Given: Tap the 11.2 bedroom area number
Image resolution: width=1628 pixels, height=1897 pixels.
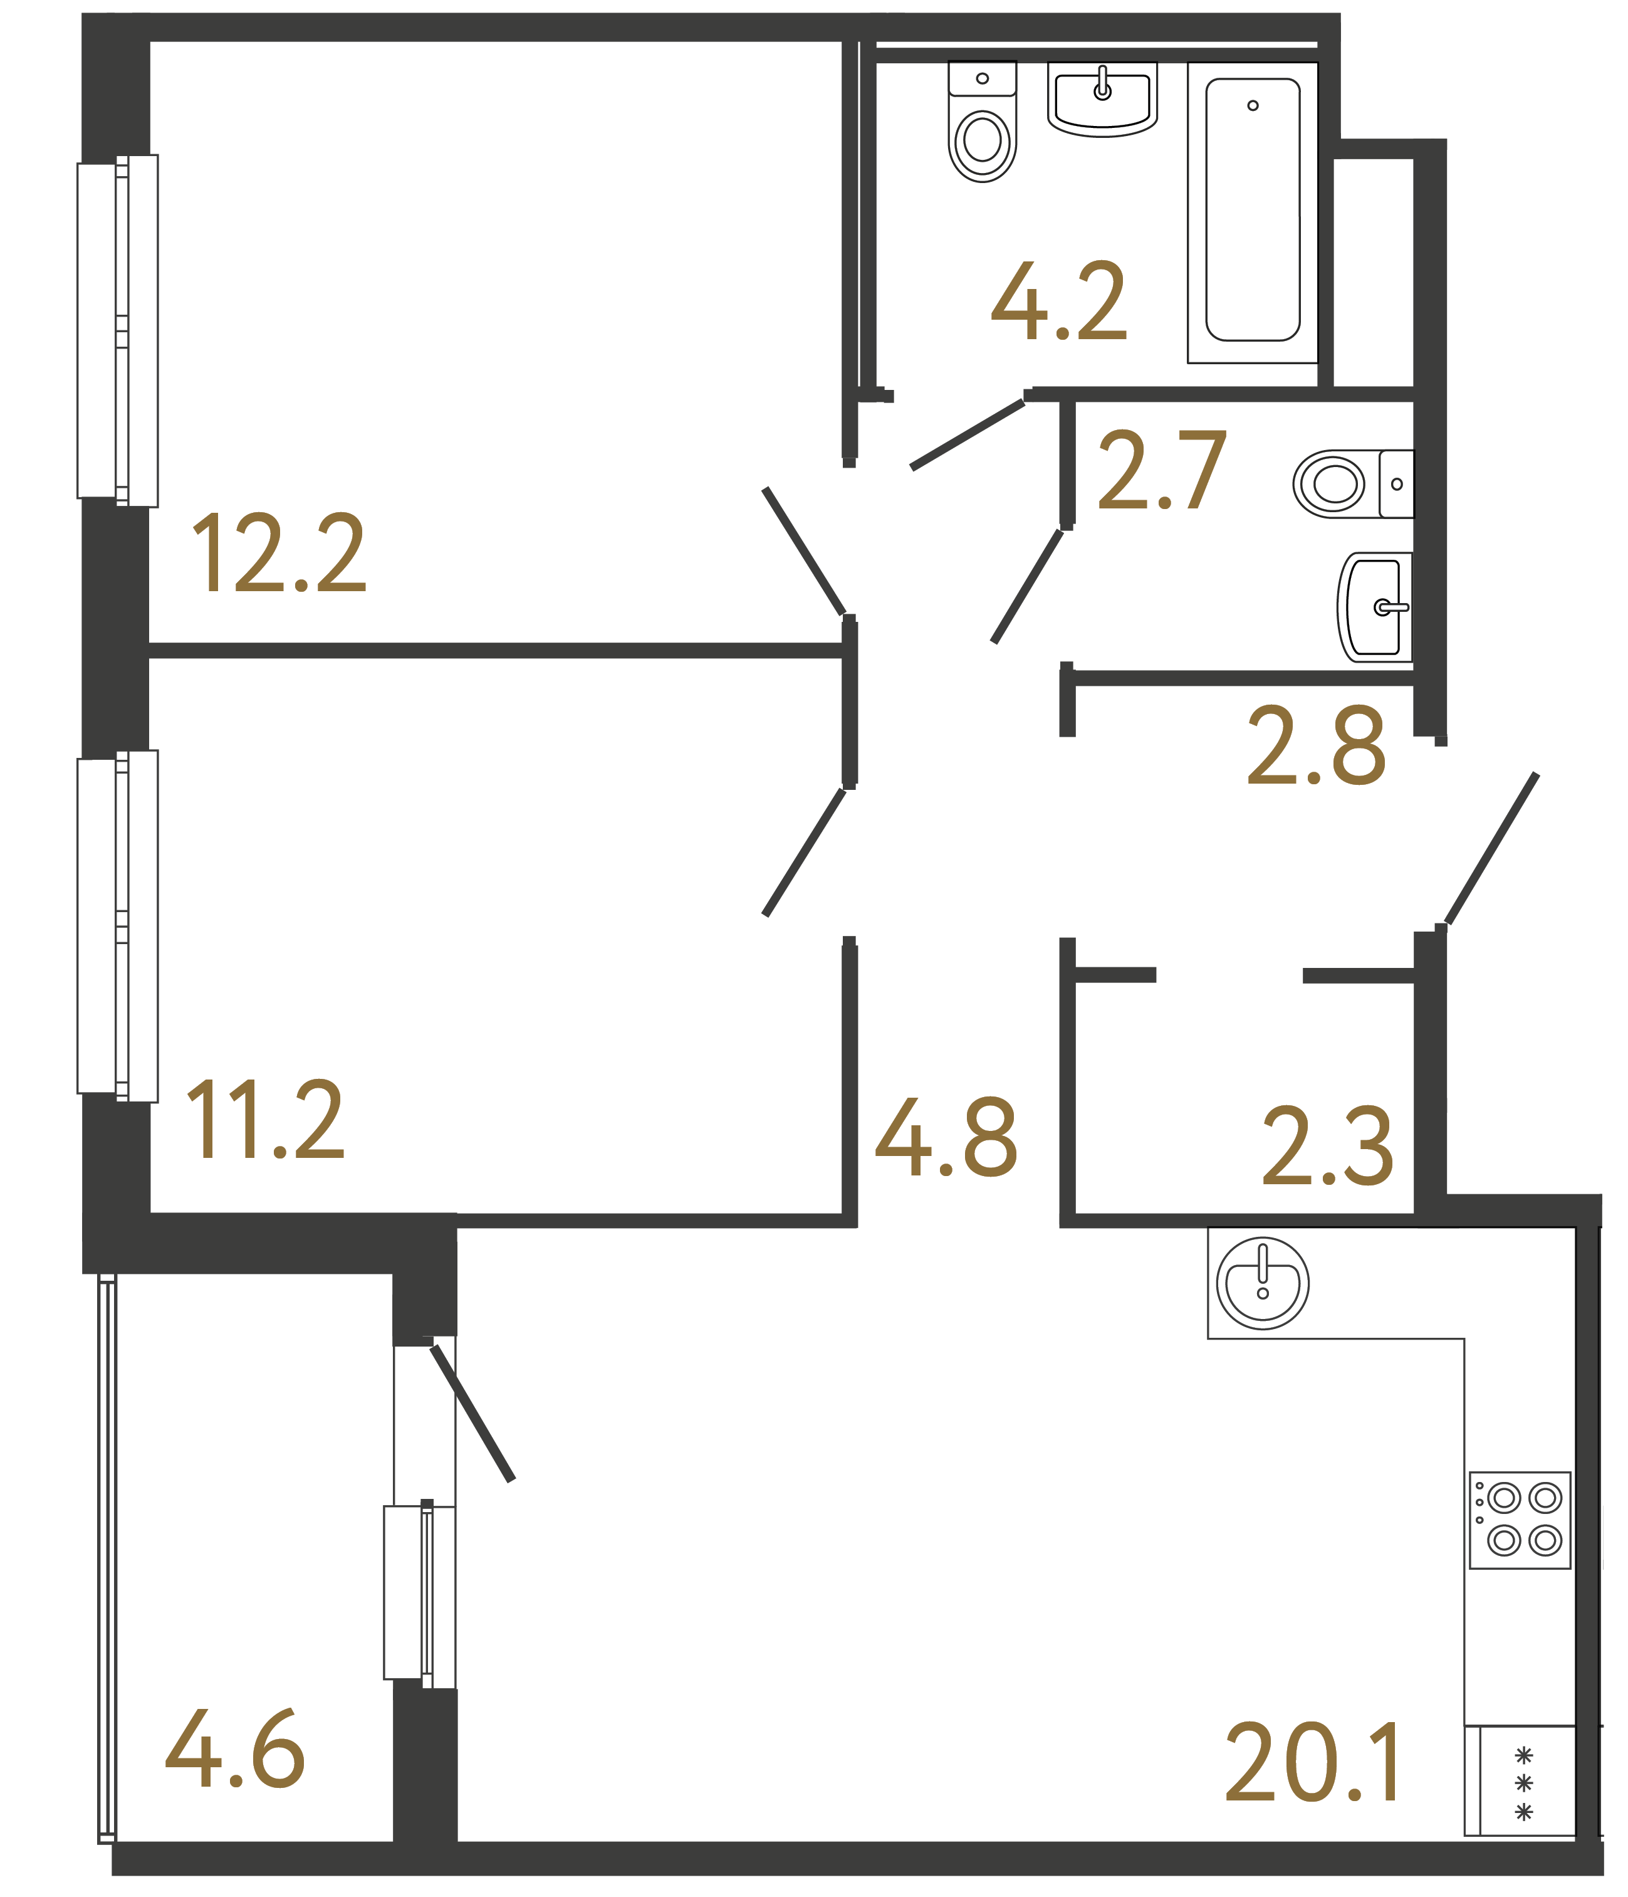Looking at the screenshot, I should click(x=266, y=1119).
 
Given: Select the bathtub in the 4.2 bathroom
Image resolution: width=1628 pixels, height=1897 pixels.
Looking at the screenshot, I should click(x=1252, y=211).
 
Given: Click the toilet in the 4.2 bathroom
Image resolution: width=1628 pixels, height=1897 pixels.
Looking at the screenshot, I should click(x=982, y=123).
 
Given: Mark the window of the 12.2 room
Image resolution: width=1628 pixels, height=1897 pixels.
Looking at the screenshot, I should click(x=117, y=330).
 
